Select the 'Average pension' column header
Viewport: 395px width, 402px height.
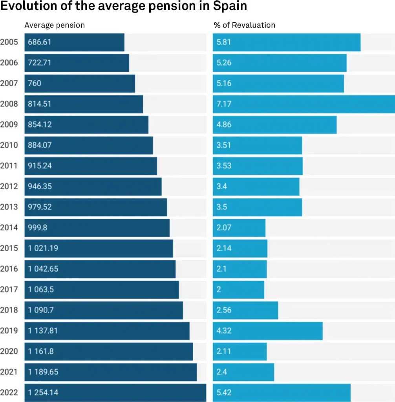click(x=55, y=25)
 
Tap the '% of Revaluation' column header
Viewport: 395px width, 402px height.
click(x=244, y=25)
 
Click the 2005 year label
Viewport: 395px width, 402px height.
click(x=9, y=42)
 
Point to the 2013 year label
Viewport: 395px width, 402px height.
click(x=9, y=207)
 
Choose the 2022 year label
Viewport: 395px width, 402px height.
click(x=9, y=393)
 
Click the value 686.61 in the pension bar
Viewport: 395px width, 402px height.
click(x=40, y=42)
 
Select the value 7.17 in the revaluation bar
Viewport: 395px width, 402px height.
click(x=224, y=104)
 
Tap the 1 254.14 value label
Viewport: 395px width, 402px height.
click(x=43, y=393)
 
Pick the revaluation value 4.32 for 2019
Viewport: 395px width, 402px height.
click(x=224, y=331)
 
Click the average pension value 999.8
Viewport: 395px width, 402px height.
click(x=37, y=228)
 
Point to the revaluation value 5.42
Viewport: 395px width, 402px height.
click(x=224, y=393)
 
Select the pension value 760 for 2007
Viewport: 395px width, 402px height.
click(x=35, y=84)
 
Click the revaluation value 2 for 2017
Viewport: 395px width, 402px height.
click(x=219, y=290)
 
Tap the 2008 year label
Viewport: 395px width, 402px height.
click(x=9, y=104)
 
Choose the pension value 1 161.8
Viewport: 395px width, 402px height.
click(x=41, y=351)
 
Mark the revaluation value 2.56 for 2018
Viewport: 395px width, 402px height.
click(x=224, y=310)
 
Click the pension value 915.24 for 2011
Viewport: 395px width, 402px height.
click(x=40, y=166)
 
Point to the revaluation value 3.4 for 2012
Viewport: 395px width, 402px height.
click(x=222, y=186)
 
